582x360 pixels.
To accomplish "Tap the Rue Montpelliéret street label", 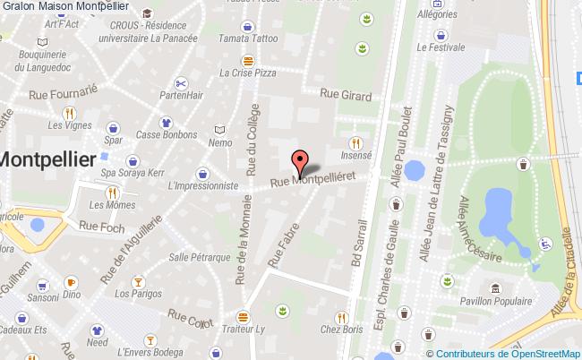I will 319,180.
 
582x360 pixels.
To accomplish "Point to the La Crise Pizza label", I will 246,73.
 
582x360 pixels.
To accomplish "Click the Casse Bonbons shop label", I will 167,136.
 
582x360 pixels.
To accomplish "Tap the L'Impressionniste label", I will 202,185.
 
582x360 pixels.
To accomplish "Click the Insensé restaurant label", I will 355,155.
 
